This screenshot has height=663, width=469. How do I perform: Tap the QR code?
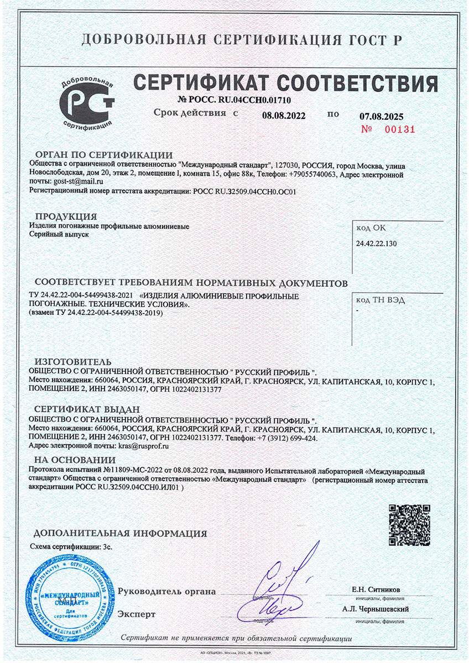pos(409,524)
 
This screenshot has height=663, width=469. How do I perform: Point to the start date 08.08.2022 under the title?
pos(283,115)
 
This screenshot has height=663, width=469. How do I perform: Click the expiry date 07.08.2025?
pos(381,117)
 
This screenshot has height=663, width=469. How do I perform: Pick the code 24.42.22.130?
pos(378,243)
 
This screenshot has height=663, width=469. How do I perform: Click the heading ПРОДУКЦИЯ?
pos(66,216)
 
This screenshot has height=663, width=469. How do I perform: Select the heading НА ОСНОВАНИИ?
pos(74,460)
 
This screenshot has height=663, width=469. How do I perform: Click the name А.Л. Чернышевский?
pos(375,608)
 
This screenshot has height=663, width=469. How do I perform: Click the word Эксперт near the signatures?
pos(137,614)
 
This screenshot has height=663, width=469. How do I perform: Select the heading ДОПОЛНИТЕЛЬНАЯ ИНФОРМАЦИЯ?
pos(120,533)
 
